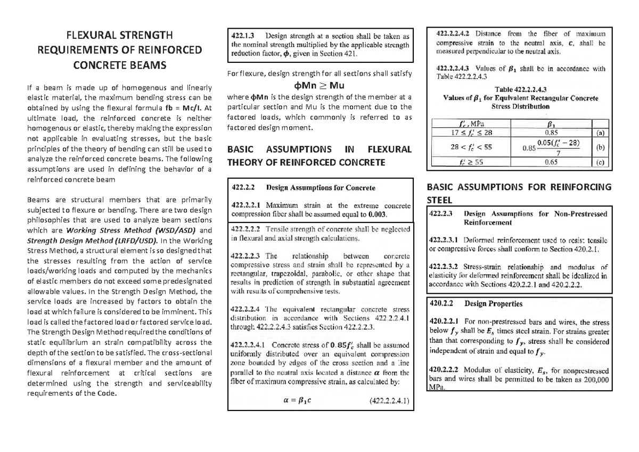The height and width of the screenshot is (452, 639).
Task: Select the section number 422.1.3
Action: tap(243, 36)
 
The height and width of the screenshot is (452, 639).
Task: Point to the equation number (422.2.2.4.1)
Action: tap(389, 402)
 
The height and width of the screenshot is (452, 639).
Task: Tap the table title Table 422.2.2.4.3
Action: tap(521, 89)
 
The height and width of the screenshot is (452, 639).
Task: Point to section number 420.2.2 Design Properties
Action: tap(443, 304)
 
